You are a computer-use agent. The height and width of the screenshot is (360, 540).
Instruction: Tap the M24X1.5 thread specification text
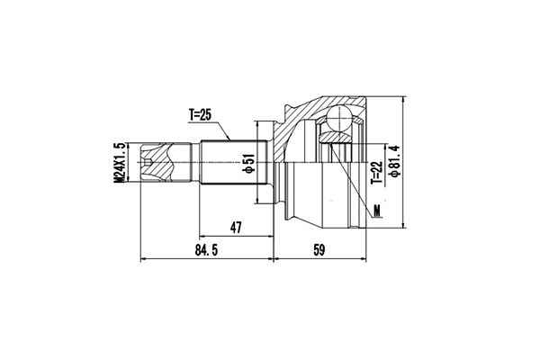[118, 162]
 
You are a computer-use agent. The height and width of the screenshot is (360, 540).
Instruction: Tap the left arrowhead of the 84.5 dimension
[144, 260]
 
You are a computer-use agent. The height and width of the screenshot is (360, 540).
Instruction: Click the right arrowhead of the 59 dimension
[364, 260]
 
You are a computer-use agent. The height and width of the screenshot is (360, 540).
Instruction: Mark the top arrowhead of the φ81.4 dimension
[406, 98]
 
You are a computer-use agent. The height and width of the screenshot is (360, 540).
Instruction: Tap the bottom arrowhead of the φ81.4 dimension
[406, 227]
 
